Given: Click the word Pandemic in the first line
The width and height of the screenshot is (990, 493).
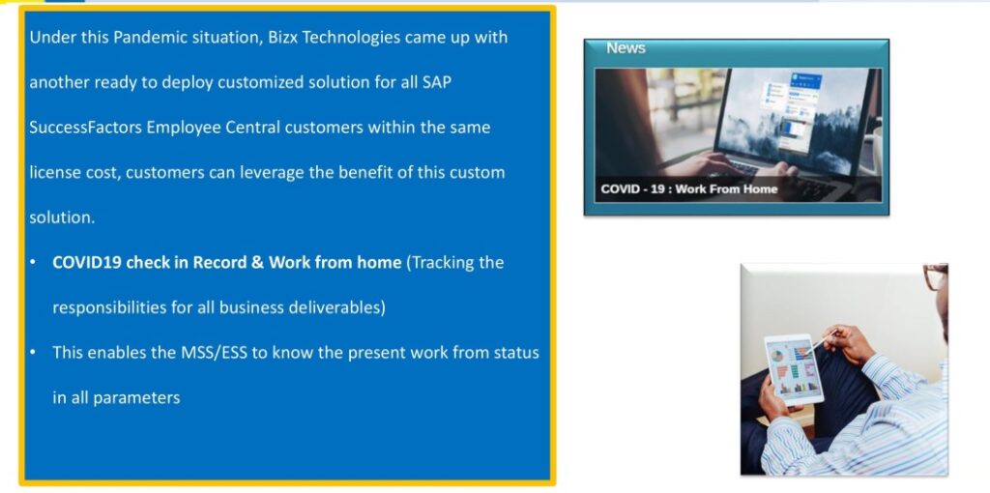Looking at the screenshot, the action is click(x=143, y=38).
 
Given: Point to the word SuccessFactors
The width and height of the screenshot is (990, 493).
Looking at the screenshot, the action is click(x=85, y=128).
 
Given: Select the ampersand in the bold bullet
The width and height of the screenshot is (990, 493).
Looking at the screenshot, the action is click(x=257, y=262).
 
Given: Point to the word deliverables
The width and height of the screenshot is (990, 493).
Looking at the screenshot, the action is click(x=334, y=307).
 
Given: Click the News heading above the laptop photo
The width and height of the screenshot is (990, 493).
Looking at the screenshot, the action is click(x=626, y=48).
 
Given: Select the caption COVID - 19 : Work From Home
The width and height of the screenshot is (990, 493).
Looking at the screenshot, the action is click(x=688, y=188).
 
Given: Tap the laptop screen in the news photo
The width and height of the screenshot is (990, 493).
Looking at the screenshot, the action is click(x=797, y=119).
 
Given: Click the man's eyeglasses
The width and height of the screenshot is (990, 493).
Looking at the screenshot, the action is click(x=936, y=276).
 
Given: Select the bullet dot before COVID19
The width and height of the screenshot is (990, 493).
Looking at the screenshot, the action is click(x=33, y=263).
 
